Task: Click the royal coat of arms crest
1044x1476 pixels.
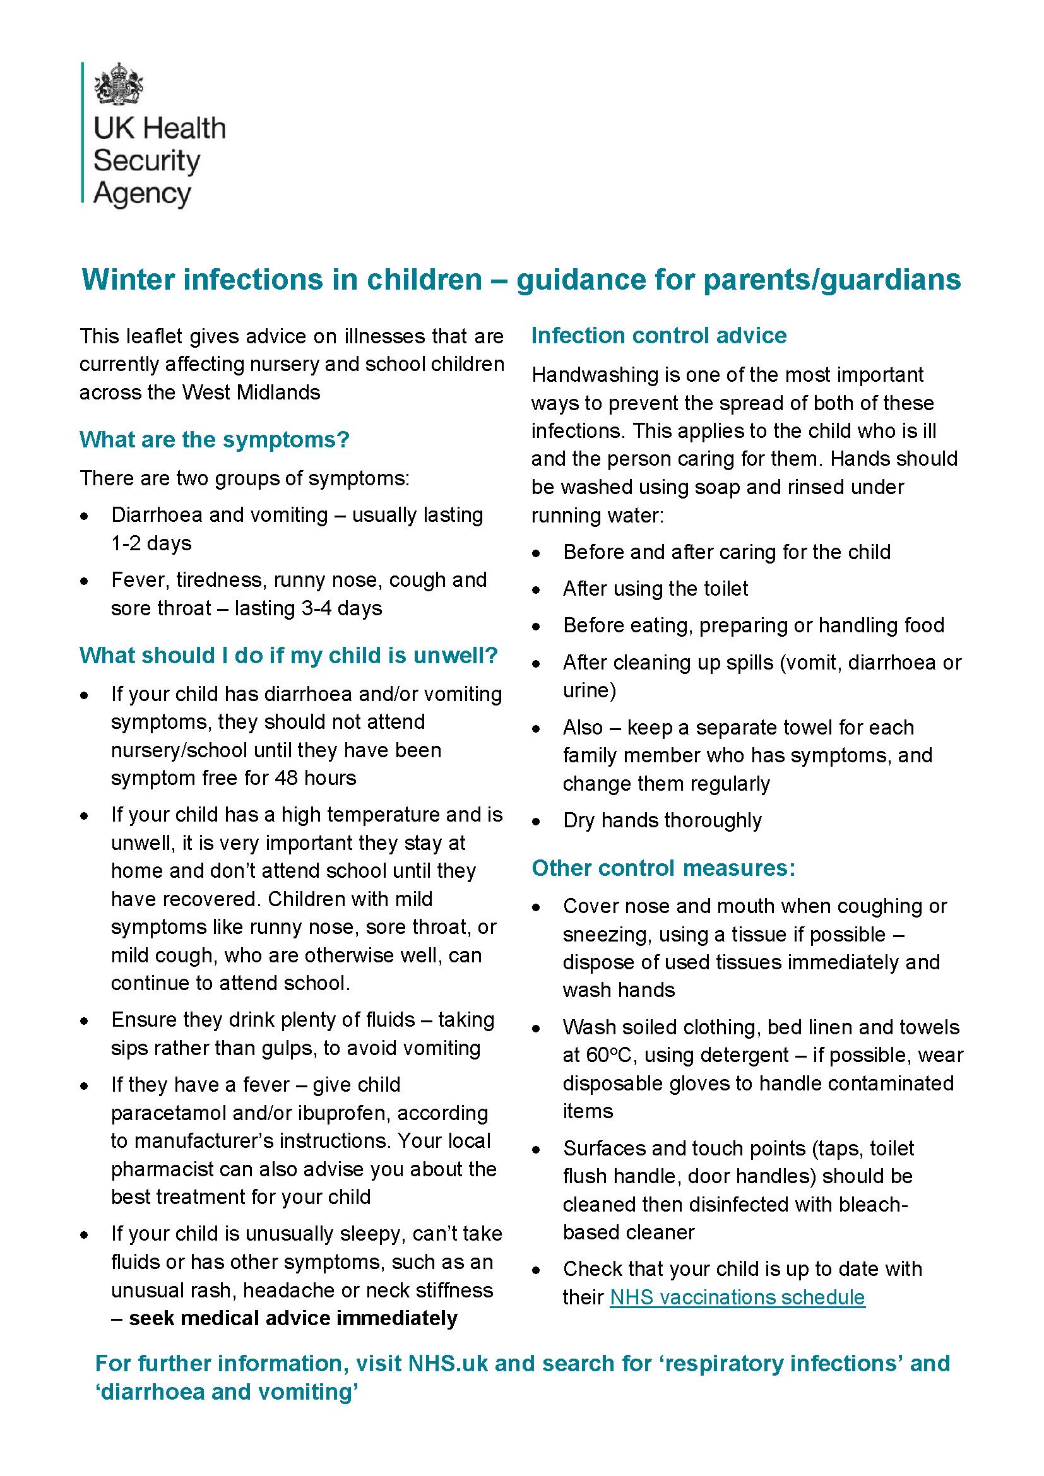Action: [117, 84]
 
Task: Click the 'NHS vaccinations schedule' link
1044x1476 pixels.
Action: [737, 1297]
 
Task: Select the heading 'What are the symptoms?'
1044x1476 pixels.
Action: [214, 440]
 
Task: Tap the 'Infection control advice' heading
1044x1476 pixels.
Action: [658, 336]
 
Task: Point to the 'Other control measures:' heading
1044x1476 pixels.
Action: [663, 868]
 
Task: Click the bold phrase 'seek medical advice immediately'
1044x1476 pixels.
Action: [293, 1318]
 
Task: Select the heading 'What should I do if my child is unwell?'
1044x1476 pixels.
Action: [288, 656]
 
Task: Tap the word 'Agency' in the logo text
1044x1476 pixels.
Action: [142, 194]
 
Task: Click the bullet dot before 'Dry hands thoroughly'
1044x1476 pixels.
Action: [536, 822]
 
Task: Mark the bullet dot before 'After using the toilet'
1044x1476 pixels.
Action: [536, 590]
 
